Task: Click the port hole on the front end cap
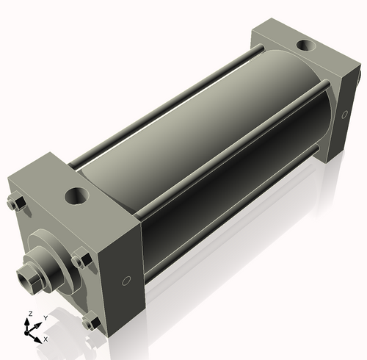point(76,196)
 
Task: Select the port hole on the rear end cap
point(306,46)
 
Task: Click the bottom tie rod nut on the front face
point(91,321)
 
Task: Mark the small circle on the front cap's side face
point(126,281)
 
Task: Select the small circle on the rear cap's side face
point(344,115)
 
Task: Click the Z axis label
point(30,314)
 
